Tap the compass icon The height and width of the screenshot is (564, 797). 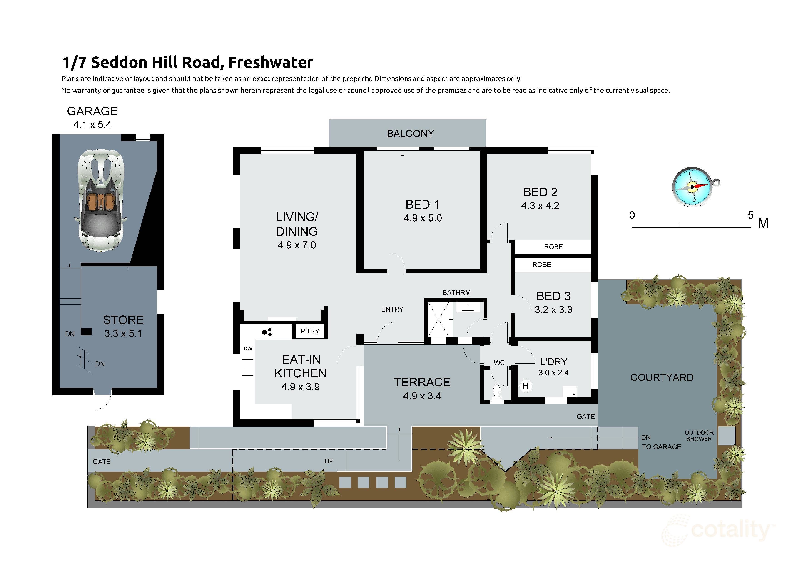[692, 187]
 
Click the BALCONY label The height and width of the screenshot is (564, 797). [410, 134]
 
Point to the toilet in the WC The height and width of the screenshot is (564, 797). [497, 393]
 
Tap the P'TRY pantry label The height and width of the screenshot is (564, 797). [310, 331]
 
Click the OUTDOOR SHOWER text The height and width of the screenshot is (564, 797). [699, 436]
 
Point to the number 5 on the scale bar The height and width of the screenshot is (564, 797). [750, 215]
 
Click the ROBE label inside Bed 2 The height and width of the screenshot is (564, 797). [553, 247]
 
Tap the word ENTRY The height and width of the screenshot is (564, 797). [392, 309]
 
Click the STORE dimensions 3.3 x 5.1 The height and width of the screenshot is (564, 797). [123, 334]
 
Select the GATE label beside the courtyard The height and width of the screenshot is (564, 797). [586, 416]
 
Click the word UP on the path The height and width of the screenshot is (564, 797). [329, 461]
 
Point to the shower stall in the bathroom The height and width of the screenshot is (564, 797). [440, 319]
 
